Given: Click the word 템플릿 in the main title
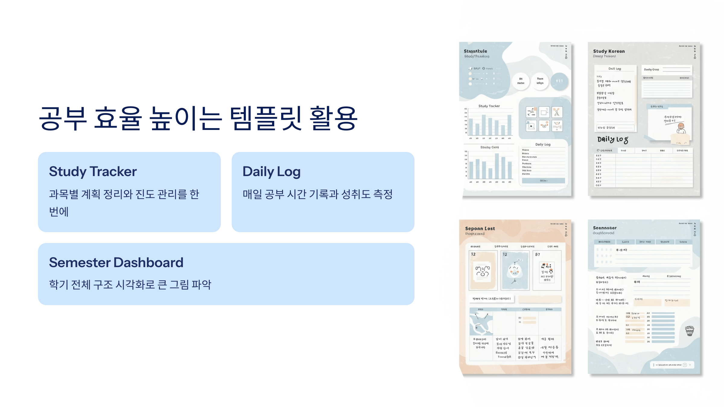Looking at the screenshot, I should point(265,118).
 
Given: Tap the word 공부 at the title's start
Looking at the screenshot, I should point(63,118).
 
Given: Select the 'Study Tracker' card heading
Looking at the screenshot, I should point(93,172).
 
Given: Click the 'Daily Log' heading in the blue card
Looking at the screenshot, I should point(271,172).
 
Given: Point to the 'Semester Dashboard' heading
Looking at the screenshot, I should point(116,263).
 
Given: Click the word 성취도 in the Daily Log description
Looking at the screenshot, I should point(356,194).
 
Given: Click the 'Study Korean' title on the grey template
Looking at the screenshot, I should point(609,51).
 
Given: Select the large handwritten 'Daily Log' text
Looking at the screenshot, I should point(613,139).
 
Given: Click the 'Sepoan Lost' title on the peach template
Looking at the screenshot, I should point(480,229).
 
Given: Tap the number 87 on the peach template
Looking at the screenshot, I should point(538,254).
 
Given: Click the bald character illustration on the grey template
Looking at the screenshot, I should point(681,128).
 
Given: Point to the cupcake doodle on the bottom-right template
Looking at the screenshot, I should point(690,331).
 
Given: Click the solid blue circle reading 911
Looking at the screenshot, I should point(559,81).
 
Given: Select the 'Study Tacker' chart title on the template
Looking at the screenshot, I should point(489,106).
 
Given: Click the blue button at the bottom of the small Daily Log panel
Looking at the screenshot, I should point(543,181).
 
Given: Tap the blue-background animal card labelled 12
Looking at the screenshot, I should point(515,270).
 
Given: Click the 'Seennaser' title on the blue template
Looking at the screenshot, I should point(605,228).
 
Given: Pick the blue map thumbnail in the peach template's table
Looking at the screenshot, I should point(481,323).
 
